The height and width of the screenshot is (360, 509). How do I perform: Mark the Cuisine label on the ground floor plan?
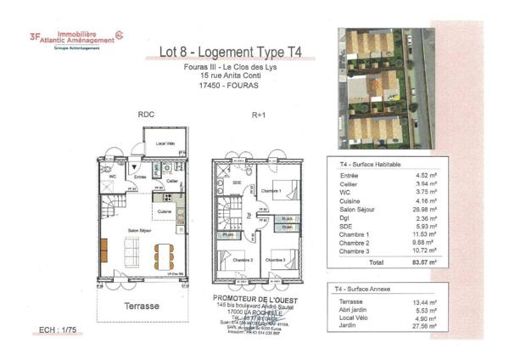(x=165, y=211)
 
